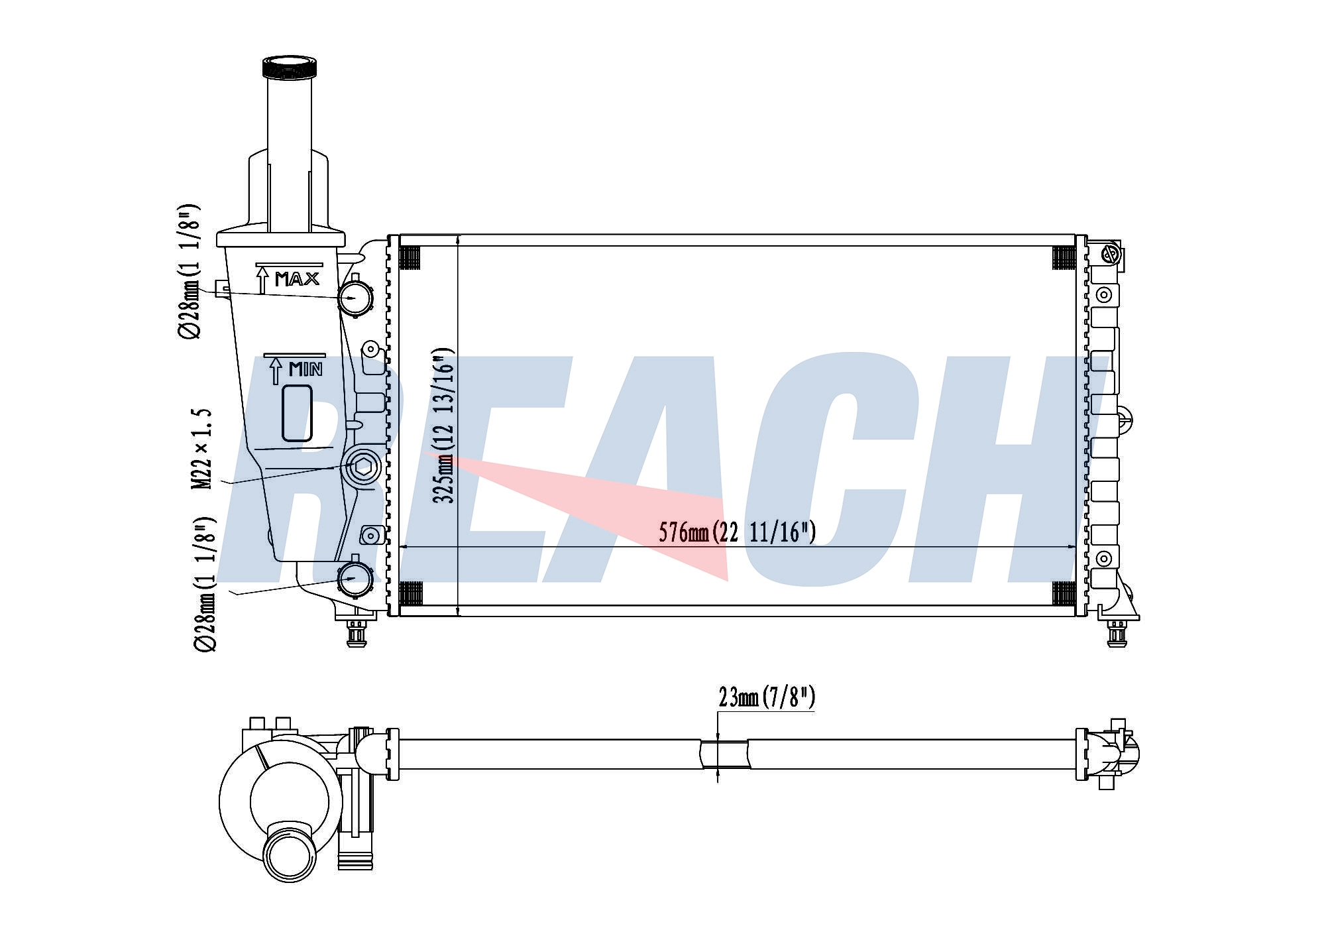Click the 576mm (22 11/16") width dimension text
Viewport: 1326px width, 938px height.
tap(737, 532)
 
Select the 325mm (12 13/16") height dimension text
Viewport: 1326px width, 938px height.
tap(444, 425)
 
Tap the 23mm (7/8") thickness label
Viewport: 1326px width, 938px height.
tap(767, 697)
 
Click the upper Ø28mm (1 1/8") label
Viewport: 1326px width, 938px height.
tap(189, 271)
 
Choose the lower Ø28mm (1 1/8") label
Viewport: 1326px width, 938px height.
tap(205, 583)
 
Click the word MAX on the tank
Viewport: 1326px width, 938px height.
tap(298, 279)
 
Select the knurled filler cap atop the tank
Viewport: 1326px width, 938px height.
tap(290, 68)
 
